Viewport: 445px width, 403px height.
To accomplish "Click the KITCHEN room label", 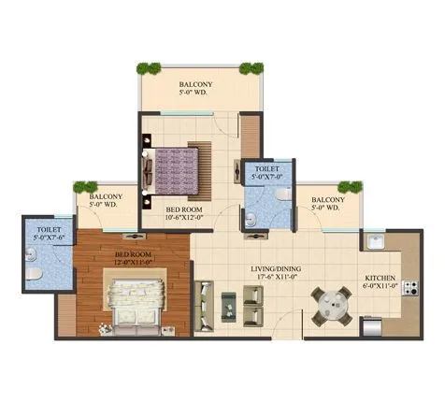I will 380,278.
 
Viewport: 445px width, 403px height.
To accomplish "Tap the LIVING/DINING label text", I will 276,268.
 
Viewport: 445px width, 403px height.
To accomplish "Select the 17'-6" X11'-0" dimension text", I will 276,278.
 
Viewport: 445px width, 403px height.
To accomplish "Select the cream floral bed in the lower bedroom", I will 134,304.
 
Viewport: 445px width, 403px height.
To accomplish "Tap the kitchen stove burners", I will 409,289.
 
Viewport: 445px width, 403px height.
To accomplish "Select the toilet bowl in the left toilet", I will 33,272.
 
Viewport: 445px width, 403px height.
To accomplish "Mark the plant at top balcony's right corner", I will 251,68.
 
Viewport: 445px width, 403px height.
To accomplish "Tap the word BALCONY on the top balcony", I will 196,84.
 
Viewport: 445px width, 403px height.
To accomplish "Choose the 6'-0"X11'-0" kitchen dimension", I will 380,287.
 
